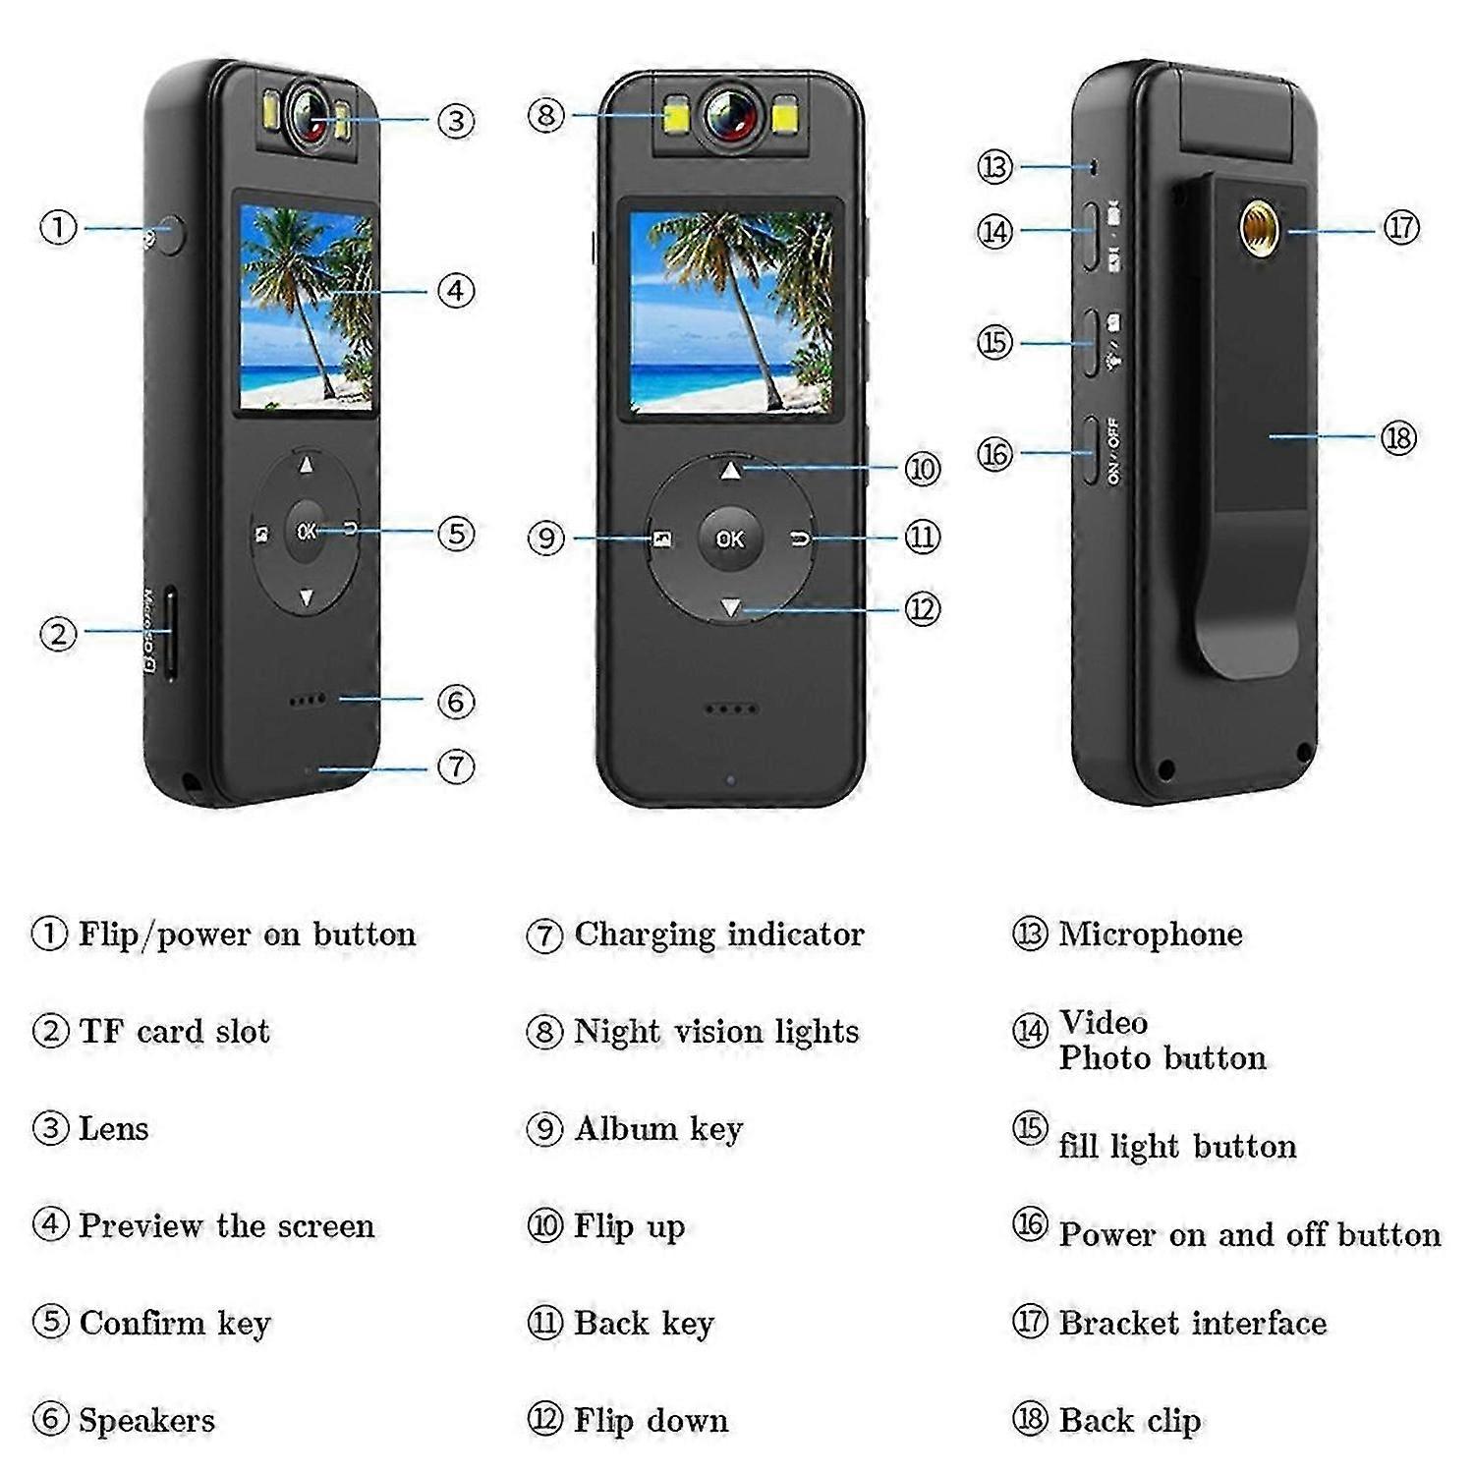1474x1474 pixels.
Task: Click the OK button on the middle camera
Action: (730, 539)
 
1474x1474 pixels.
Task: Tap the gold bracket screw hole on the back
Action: (1257, 226)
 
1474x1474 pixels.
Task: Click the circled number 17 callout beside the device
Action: (1401, 228)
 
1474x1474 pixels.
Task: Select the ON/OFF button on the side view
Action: (1090, 450)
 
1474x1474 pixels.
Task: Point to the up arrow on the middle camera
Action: (730, 472)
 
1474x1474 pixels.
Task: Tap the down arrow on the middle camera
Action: (730, 608)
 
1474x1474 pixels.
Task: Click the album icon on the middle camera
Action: (662, 539)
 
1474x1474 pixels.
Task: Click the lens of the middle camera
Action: (731, 116)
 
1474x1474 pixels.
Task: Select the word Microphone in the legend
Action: (1150, 934)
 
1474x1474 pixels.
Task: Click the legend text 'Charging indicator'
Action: (719, 935)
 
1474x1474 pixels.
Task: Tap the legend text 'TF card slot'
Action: (174, 1031)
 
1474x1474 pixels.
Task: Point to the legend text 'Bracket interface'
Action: (1193, 1323)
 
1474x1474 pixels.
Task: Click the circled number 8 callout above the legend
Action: (545, 115)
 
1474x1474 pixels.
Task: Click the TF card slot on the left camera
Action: (170, 634)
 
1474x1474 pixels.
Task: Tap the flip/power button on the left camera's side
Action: (171, 235)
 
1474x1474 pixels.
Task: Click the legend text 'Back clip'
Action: (1130, 1421)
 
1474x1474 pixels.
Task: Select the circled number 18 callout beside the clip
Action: (1398, 437)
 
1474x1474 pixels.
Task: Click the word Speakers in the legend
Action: (146, 1421)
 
